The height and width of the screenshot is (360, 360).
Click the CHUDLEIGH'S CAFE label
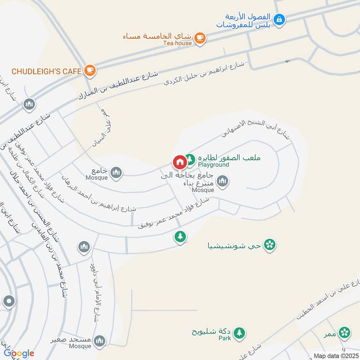coord(46,71)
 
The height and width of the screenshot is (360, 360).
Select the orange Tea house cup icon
coord(201,39)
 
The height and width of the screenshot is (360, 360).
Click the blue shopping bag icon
coord(279,19)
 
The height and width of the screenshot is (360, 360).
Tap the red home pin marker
coord(179,161)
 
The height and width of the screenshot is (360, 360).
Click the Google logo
coord(19,353)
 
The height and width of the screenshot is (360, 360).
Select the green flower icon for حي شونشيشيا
coord(270,245)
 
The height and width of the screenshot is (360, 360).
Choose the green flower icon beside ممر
coord(345,333)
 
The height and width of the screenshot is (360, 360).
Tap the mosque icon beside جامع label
coord(116,172)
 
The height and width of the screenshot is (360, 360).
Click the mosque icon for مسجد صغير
coord(100,340)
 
